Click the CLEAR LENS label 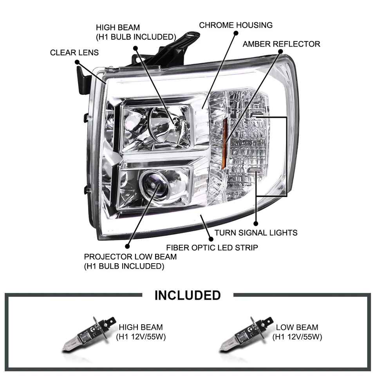coord(74,52)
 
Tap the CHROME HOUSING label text coord(236,25)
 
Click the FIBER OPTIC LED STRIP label coord(212,248)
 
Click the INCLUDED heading coord(188,295)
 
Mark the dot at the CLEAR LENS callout coord(77,62)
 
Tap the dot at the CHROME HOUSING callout coord(236,34)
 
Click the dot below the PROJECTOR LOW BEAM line coord(127,246)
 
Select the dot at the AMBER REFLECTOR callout coord(281,53)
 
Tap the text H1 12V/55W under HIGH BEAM coord(141,336)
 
